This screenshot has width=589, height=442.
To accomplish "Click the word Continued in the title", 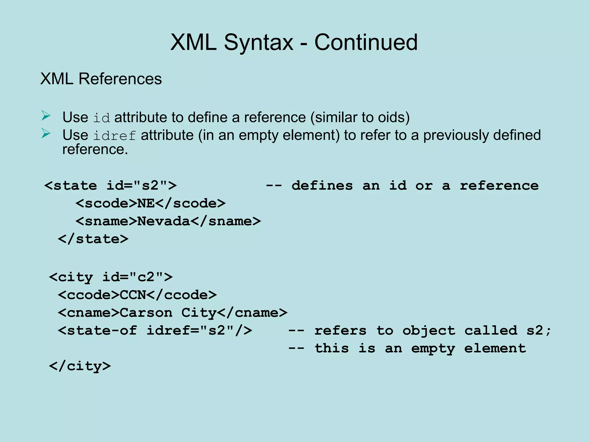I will tap(366, 42).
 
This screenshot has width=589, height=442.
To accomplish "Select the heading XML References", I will tap(101, 79).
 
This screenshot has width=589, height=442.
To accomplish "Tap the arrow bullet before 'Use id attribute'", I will tap(46, 116).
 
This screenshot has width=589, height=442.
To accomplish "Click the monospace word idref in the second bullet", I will tap(114, 136).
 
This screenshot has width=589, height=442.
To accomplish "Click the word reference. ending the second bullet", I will tap(95, 150).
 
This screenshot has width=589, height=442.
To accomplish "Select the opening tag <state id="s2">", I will tap(110, 186).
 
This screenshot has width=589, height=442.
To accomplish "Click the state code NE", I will tap(146, 203).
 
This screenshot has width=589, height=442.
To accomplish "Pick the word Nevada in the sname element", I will tap(164, 221).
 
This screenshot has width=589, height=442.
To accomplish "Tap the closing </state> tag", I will tap(93, 239).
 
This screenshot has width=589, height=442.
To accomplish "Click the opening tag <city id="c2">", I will tap(111, 277).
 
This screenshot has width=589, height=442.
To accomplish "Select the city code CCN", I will tap(133, 295).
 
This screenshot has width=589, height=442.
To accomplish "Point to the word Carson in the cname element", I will tap(146, 313).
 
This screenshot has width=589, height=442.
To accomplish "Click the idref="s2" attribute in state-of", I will tap(190, 331).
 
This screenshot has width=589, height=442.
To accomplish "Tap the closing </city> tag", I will tap(80, 366).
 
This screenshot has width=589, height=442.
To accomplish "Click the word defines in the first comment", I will tap(322, 186).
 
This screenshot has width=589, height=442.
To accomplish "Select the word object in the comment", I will tap(429, 331).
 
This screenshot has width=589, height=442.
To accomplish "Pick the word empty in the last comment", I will tap(433, 348).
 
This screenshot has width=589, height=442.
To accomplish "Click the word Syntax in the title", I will tap(259, 42).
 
